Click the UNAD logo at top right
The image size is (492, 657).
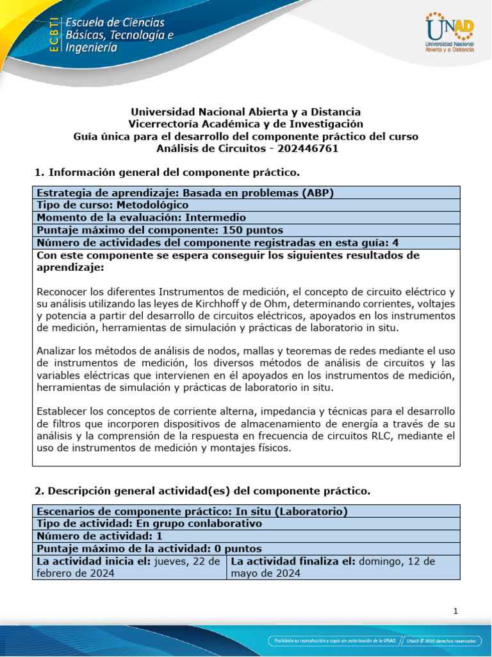(x=449, y=33)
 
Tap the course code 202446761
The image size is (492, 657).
(x=307, y=149)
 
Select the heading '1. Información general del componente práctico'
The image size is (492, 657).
(x=166, y=173)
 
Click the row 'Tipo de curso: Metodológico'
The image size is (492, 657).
(x=113, y=205)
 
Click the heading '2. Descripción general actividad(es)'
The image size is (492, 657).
(x=201, y=491)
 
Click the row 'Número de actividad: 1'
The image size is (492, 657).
(x=99, y=536)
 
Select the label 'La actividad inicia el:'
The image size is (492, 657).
(x=92, y=561)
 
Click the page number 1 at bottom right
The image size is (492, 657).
(x=455, y=611)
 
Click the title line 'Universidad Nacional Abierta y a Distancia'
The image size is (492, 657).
(x=246, y=112)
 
